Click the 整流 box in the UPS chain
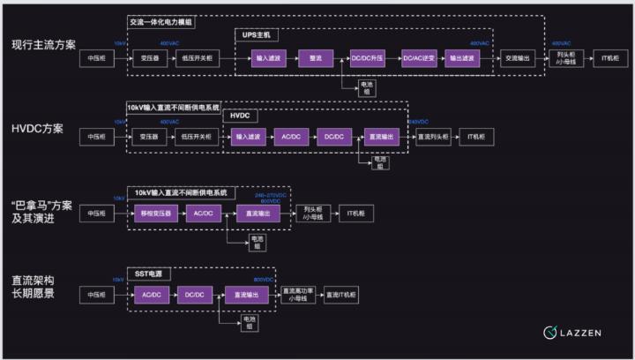315,58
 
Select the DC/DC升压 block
366,58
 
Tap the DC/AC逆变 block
418,58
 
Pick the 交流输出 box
517,58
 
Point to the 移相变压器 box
153,214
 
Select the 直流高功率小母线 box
298,294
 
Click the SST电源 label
146,274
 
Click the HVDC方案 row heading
37,129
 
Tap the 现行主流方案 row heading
43,43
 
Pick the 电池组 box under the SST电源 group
250,323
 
